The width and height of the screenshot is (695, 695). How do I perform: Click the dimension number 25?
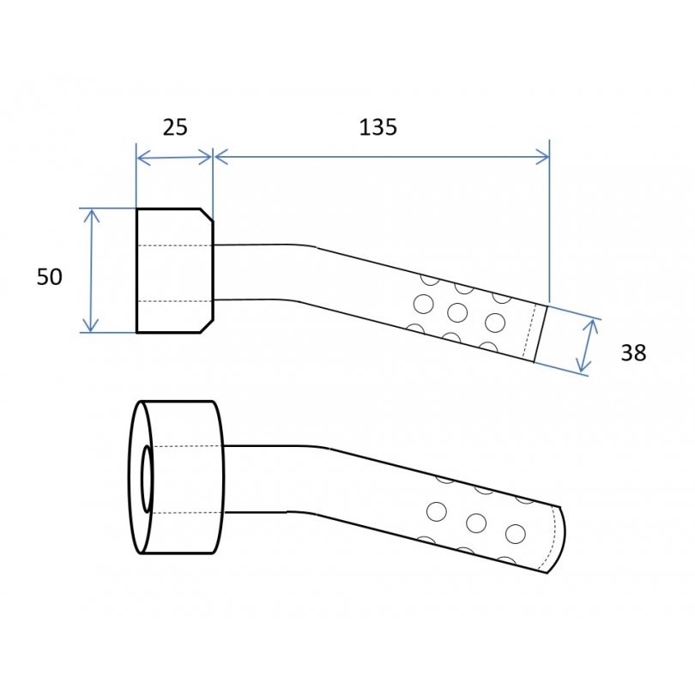[175, 127]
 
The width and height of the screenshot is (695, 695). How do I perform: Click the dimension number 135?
[378, 127]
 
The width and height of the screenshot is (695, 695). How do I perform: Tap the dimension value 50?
[49, 277]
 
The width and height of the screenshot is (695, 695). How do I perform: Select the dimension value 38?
[633, 354]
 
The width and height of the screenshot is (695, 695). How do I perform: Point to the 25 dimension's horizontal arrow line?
[175, 157]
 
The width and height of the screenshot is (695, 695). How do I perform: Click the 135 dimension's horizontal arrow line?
[382, 157]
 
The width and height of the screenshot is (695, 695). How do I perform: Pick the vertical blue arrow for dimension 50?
[91, 270]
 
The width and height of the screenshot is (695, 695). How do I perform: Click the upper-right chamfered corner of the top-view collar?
[207, 215]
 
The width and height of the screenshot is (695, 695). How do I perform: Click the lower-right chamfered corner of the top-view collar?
[207, 326]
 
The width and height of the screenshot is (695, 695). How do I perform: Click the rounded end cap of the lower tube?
[559, 540]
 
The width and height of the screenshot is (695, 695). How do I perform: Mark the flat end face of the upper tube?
[541, 334]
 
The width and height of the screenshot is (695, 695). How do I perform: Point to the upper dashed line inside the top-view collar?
[175, 245]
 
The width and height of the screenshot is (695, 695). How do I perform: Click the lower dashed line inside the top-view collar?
[175, 301]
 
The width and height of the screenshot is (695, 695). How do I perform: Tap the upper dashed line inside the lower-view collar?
[186, 446]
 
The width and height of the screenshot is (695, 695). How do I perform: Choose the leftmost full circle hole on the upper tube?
[423, 304]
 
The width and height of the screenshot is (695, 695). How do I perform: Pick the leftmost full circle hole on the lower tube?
[437, 512]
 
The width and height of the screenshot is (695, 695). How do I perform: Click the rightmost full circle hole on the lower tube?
[516, 534]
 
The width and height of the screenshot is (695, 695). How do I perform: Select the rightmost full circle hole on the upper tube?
[495, 323]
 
